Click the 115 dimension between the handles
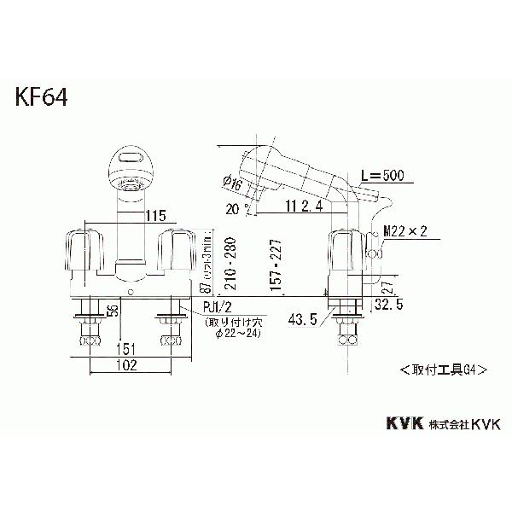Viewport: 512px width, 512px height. coord(131,216)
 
